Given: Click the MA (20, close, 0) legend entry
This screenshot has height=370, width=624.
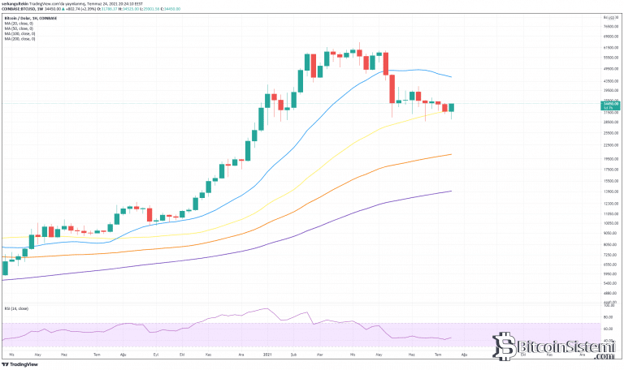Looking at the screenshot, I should (x=19, y=20).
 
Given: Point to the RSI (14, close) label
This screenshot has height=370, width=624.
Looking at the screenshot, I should (x=15, y=308).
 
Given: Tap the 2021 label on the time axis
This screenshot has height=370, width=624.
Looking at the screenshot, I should (x=268, y=355).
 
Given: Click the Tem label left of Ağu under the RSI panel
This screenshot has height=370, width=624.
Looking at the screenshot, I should (x=97, y=355).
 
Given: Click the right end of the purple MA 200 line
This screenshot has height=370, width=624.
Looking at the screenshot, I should (x=451, y=191).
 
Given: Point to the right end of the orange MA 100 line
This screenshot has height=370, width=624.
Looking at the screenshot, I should (x=451, y=154).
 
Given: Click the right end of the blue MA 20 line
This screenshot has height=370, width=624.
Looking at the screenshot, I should (x=451, y=77).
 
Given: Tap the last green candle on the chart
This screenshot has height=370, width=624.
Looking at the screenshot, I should (x=451, y=107).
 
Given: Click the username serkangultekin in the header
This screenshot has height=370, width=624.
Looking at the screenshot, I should (x=16, y=3).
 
